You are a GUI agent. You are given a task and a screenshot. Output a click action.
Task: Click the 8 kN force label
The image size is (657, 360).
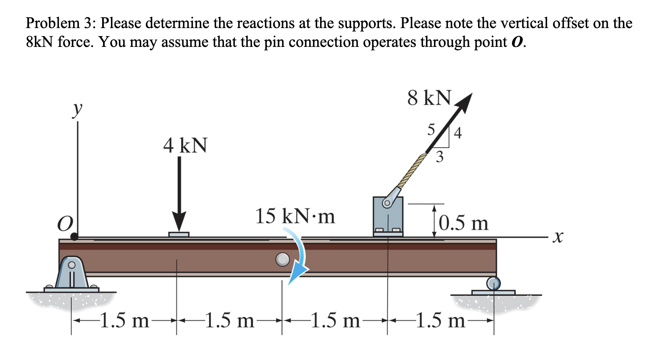click(x=429, y=98)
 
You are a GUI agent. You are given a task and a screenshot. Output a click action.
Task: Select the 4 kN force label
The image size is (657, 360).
click(x=185, y=145)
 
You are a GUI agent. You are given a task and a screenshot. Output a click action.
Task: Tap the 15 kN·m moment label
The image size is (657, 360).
click(x=295, y=216)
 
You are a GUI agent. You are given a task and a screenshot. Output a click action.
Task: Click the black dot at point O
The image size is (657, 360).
click(x=75, y=236)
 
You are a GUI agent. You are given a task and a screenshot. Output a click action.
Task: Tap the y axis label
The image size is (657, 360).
click(x=77, y=109)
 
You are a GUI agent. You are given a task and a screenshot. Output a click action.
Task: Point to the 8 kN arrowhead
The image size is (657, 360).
click(x=464, y=101)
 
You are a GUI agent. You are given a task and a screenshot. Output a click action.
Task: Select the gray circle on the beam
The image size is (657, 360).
click(x=283, y=259)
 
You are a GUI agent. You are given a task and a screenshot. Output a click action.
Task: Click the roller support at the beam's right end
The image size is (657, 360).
click(x=493, y=283)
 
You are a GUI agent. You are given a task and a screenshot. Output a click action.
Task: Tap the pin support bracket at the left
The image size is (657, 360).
click(x=72, y=273)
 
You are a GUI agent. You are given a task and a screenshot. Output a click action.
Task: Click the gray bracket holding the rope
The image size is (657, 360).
click(x=388, y=216)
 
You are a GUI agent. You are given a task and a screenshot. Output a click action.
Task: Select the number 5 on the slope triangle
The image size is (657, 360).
click(x=431, y=130)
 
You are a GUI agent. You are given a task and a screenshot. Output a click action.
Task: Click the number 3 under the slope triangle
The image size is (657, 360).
click(x=439, y=157)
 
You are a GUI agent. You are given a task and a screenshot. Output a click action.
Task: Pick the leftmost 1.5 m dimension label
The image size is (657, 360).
click(x=124, y=321)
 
